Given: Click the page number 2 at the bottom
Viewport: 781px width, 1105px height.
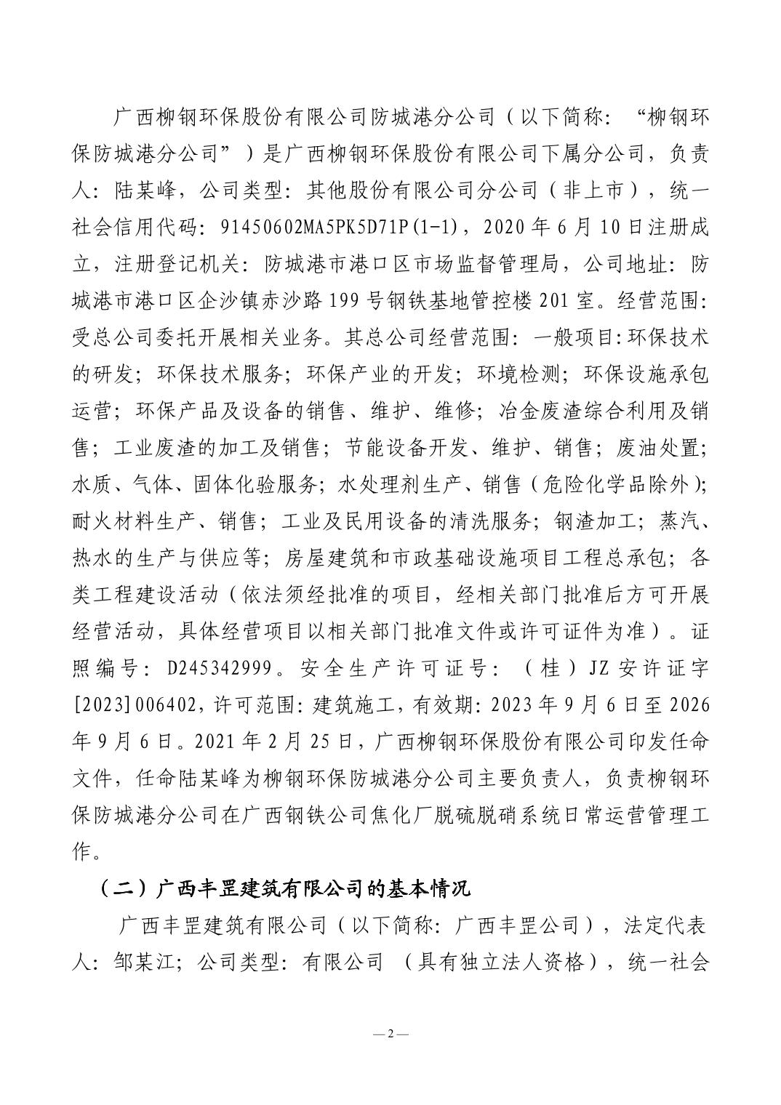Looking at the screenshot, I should point(390,1035).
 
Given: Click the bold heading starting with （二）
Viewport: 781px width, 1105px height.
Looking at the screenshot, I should point(284,888).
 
